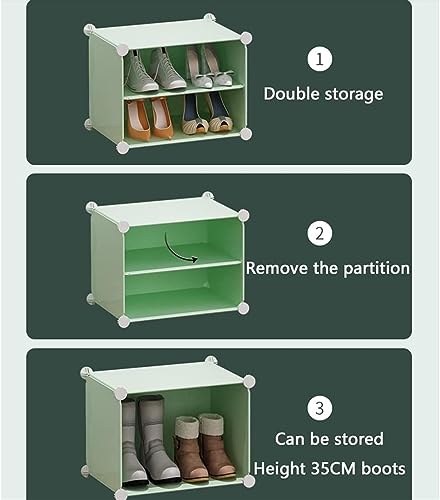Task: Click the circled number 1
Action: pyautogui.click(x=320, y=60)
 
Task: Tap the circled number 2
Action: pyautogui.click(x=320, y=234)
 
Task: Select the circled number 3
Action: pyautogui.click(x=320, y=408)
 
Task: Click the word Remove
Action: pyautogui.click(x=277, y=268)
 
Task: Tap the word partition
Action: pyautogui.click(x=376, y=269)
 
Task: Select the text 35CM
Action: pyautogui.click(x=333, y=469)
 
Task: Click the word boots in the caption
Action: pyautogui.click(x=383, y=469)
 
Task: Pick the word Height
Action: pyautogui.click(x=280, y=469)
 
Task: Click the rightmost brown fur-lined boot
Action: pyautogui.click(x=217, y=443)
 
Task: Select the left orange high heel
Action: pyautogui.click(x=138, y=121)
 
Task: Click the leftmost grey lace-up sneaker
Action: pyautogui.click(x=139, y=71)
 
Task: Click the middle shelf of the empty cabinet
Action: pyautogui.click(x=183, y=267)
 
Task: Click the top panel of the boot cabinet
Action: pyautogui.click(x=167, y=375)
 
